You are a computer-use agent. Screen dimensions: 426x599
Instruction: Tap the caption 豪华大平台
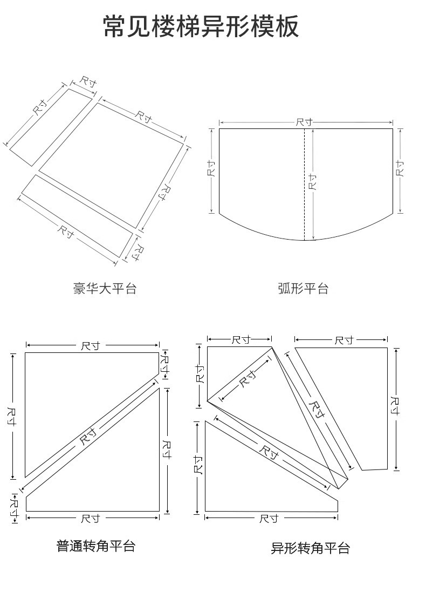[105, 288]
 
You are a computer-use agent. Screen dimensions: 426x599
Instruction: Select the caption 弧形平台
[303, 289]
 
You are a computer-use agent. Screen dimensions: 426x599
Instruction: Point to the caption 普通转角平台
[96, 546]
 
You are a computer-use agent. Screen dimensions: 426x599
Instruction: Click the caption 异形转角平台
[311, 549]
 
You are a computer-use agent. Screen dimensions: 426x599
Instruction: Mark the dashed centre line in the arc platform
[305, 162]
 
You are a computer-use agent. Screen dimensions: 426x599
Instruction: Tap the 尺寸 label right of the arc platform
[400, 168]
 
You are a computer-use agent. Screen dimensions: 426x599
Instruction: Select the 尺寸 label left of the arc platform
[211, 169]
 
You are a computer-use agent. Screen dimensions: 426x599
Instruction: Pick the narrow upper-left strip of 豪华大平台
[51, 127]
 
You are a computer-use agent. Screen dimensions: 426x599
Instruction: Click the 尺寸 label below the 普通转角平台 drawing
[90, 519]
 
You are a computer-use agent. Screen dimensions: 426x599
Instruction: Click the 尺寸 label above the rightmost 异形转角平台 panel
[343, 340]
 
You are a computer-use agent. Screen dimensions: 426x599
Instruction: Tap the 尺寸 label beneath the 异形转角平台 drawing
[268, 519]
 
